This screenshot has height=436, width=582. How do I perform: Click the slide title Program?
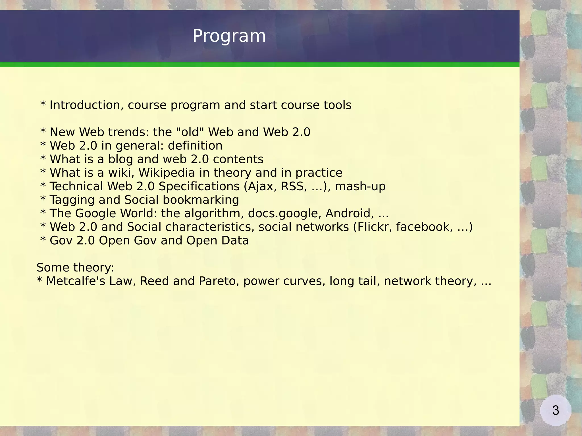click(x=229, y=36)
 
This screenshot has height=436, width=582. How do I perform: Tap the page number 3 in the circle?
click(x=556, y=410)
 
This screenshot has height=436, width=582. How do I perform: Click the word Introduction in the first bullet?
click(x=86, y=105)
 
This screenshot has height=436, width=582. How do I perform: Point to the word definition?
click(x=195, y=146)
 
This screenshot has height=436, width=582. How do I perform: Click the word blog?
click(x=120, y=159)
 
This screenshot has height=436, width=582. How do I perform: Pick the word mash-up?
click(x=360, y=186)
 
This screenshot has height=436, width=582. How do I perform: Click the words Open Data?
click(x=217, y=241)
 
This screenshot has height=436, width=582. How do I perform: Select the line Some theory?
click(x=75, y=268)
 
